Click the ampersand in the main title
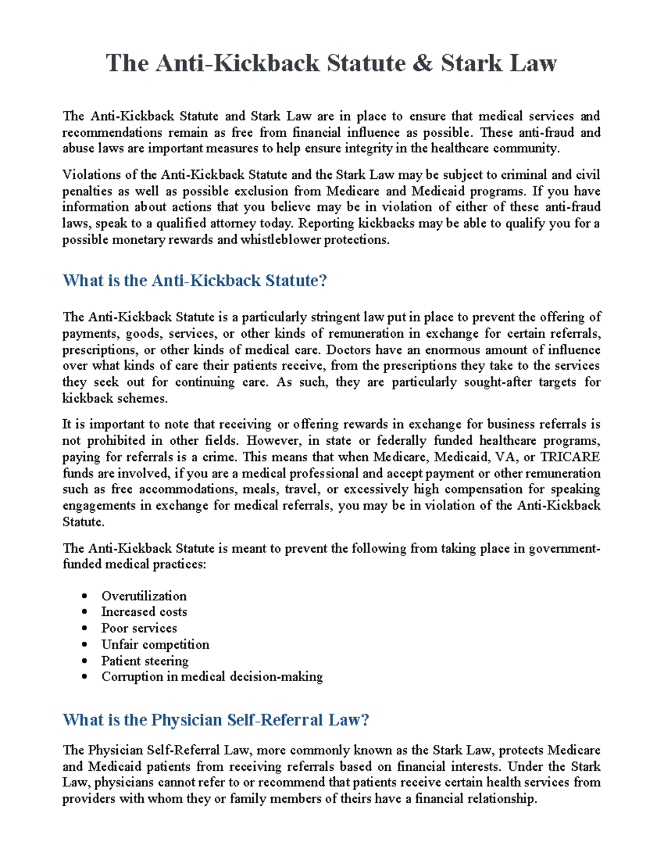click(x=422, y=63)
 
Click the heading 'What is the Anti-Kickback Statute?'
click(x=195, y=280)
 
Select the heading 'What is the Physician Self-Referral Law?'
click(x=216, y=719)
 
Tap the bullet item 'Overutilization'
click(x=144, y=596)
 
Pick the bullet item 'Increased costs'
click(x=144, y=612)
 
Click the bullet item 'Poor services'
click(x=139, y=628)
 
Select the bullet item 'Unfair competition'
click(x=155, y=644)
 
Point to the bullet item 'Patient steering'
click(x=144, y=661)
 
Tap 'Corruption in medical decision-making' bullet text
click(x=212, y=677)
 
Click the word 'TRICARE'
click(x=570, y=457)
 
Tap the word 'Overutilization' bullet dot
click(x=85, y=596)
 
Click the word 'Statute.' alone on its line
click(x=83, y=522)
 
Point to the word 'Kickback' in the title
click(x=267, y=63)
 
